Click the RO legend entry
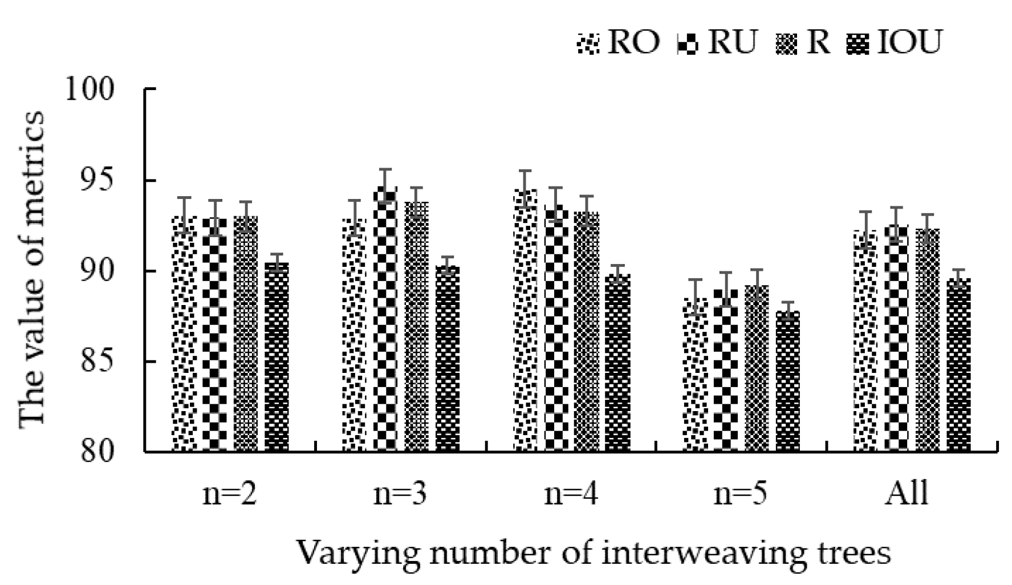tap(619, 42)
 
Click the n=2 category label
tap(230, 494)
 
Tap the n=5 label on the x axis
tap(740, 494)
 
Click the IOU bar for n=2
tap(277, 357)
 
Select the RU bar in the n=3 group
tap(385, 319)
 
